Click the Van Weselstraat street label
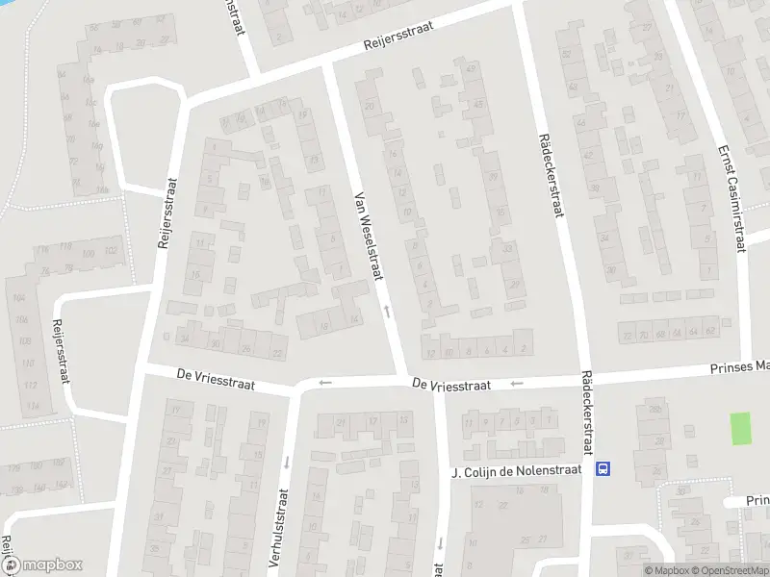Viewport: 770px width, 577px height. (370, 235)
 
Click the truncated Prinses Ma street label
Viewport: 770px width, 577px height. (739, 366)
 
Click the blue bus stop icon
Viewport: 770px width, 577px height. (603, 469)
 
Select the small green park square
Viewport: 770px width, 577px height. (740, 428)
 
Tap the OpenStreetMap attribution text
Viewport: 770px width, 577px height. (727, 570)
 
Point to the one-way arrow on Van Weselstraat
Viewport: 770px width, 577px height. (388, 310)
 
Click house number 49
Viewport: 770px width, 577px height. (471, 69)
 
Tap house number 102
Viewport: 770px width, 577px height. (111, 252)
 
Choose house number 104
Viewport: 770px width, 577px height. (19, 298)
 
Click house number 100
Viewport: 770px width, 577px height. (89, 254)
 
